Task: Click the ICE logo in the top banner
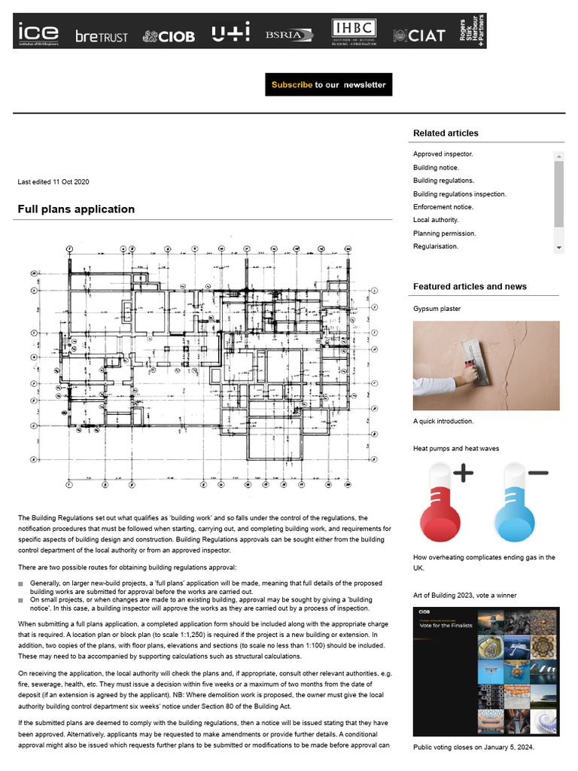[39, 33]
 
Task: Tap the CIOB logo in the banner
[169, 36]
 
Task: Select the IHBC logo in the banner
[354, 32]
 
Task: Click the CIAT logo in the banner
[420, 35]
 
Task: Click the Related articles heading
[446, 133]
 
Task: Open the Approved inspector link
[443, 154]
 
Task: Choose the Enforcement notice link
[443, 207]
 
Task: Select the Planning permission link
[444, 233]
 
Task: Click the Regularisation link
[436, 246]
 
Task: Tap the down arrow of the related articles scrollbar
[558, 247]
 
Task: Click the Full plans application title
[76, 209]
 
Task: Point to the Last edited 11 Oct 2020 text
[53, 182]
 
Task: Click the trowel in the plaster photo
[471, 349]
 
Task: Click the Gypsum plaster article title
[437, 309]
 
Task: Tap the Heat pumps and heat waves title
[456, 449]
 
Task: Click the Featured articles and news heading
[470, 287]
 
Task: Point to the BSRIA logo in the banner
[284, 35]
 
